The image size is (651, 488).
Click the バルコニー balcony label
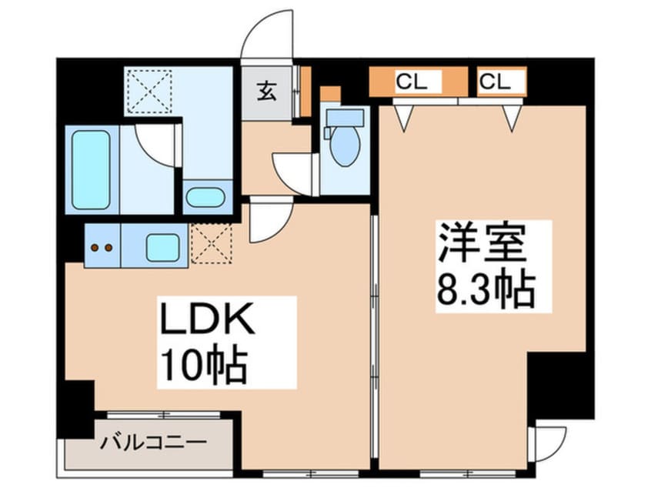pyautogui.click(x=154, y=443)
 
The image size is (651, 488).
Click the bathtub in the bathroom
pyautogui.click(x=91, y=169)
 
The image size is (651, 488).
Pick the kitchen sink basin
pyautogui.click(x=162, y=248)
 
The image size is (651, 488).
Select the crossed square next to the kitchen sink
pyautogui.click(x=210, y=244)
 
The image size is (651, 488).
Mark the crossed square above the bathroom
pyautogui.click(x=149, y=92)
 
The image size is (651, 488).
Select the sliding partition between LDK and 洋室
pyautogui.click(x=374, y=339)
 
